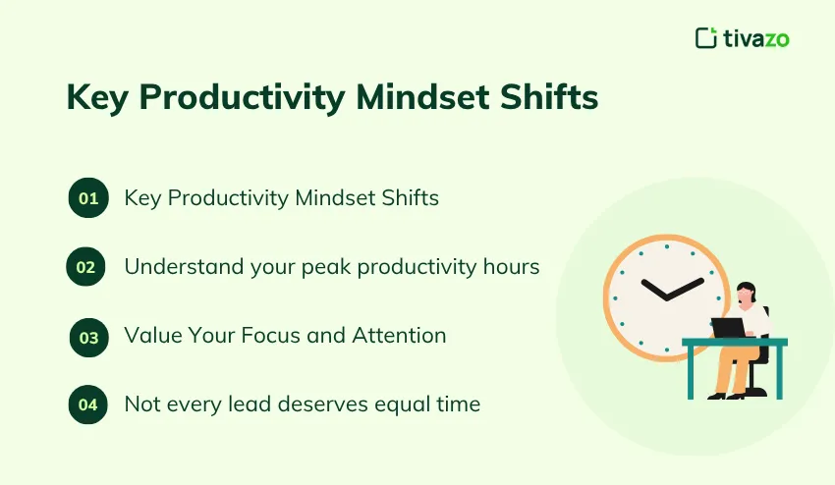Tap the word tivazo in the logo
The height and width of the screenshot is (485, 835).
click(x=756, y=38)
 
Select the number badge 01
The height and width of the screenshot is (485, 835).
click(x=88, y=198)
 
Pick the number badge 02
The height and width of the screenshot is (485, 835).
click(x=85, y=266)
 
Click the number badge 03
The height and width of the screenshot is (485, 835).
click(x=88, y=337)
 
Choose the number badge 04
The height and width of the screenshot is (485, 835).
click(x=88, y=404)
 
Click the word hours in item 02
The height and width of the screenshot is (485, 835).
click(x=509, y=266)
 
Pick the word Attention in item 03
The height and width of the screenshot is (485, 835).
click(x=402, y=335)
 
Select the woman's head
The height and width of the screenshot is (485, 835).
click(x=747, y=292)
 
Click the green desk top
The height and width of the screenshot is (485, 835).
click(x=735, y=342)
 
